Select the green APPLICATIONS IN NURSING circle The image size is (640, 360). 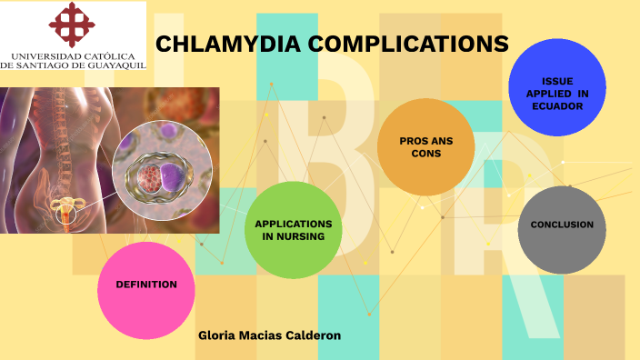[x=293, y=230]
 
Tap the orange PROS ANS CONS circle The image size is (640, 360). [x=425, y=147]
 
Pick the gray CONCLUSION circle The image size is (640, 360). [x=562, y=225]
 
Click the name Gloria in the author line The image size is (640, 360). [x=215, y=335]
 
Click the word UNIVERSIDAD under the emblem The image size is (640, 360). [x=45, y=55]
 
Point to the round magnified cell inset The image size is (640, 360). [x=162, y=171]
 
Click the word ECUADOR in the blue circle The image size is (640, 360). [x=557, y=106]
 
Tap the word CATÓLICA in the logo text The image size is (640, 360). [x=114, y=55]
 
